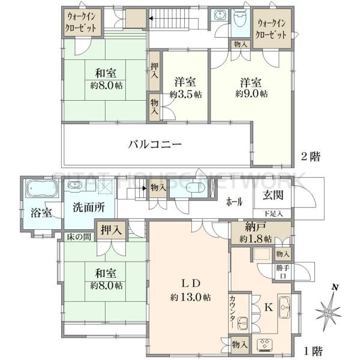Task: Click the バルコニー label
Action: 155,145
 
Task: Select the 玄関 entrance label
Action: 273,195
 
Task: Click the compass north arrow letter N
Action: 335,287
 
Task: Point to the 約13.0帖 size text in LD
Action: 191,298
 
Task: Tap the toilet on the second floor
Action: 241,19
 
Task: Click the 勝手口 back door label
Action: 283,272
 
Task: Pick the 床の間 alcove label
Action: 79,237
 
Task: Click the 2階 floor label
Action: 310,157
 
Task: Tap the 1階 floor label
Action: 313,350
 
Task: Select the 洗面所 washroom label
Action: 89,207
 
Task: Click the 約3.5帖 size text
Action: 185,94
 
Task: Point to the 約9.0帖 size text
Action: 251,94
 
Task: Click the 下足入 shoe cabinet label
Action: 273,214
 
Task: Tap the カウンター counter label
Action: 232,312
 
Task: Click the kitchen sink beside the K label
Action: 284,307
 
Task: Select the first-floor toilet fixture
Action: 195,188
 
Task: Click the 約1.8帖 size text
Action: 256,239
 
